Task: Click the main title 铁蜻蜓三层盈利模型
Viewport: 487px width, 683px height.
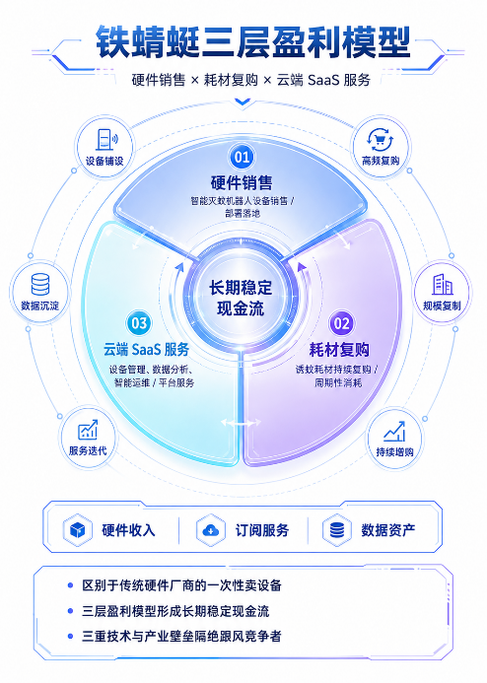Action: point(252,42)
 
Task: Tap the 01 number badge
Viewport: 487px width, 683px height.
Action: point(242,157)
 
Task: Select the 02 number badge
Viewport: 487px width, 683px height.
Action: point(341,323)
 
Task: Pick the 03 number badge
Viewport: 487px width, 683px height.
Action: point(139,323)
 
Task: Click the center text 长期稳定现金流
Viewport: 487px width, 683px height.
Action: point(241,298)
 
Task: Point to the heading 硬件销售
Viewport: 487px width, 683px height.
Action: point(242,182)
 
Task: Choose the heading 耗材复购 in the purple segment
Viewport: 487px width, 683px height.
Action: point(339,350)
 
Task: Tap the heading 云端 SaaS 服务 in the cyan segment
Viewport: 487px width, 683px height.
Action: point(146,349)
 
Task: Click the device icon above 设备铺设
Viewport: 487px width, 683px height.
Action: point(106,139)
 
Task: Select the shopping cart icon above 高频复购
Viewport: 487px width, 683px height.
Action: point(381,140)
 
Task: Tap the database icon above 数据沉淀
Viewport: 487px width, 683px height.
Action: point(40,284)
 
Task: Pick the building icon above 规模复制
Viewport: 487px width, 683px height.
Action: point(442,285)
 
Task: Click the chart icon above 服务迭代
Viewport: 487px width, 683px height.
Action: point(88,430)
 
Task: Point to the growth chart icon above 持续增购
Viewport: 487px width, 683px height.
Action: point(394,431)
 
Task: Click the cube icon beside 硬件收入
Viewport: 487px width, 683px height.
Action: point(78,530)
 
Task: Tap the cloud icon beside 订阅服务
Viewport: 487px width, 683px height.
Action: point(211,530)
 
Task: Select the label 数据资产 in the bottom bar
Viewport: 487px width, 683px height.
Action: point(388,530)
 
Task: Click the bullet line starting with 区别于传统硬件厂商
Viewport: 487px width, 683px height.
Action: point(181,585)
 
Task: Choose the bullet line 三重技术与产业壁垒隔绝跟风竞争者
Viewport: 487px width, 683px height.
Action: point(181,636)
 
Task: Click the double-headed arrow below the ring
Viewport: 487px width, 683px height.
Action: point(241,422)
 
